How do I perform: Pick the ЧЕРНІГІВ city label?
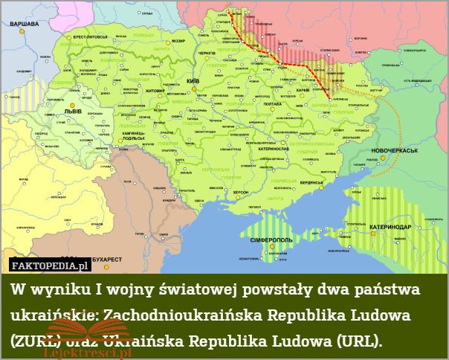(x=208, y=54)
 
